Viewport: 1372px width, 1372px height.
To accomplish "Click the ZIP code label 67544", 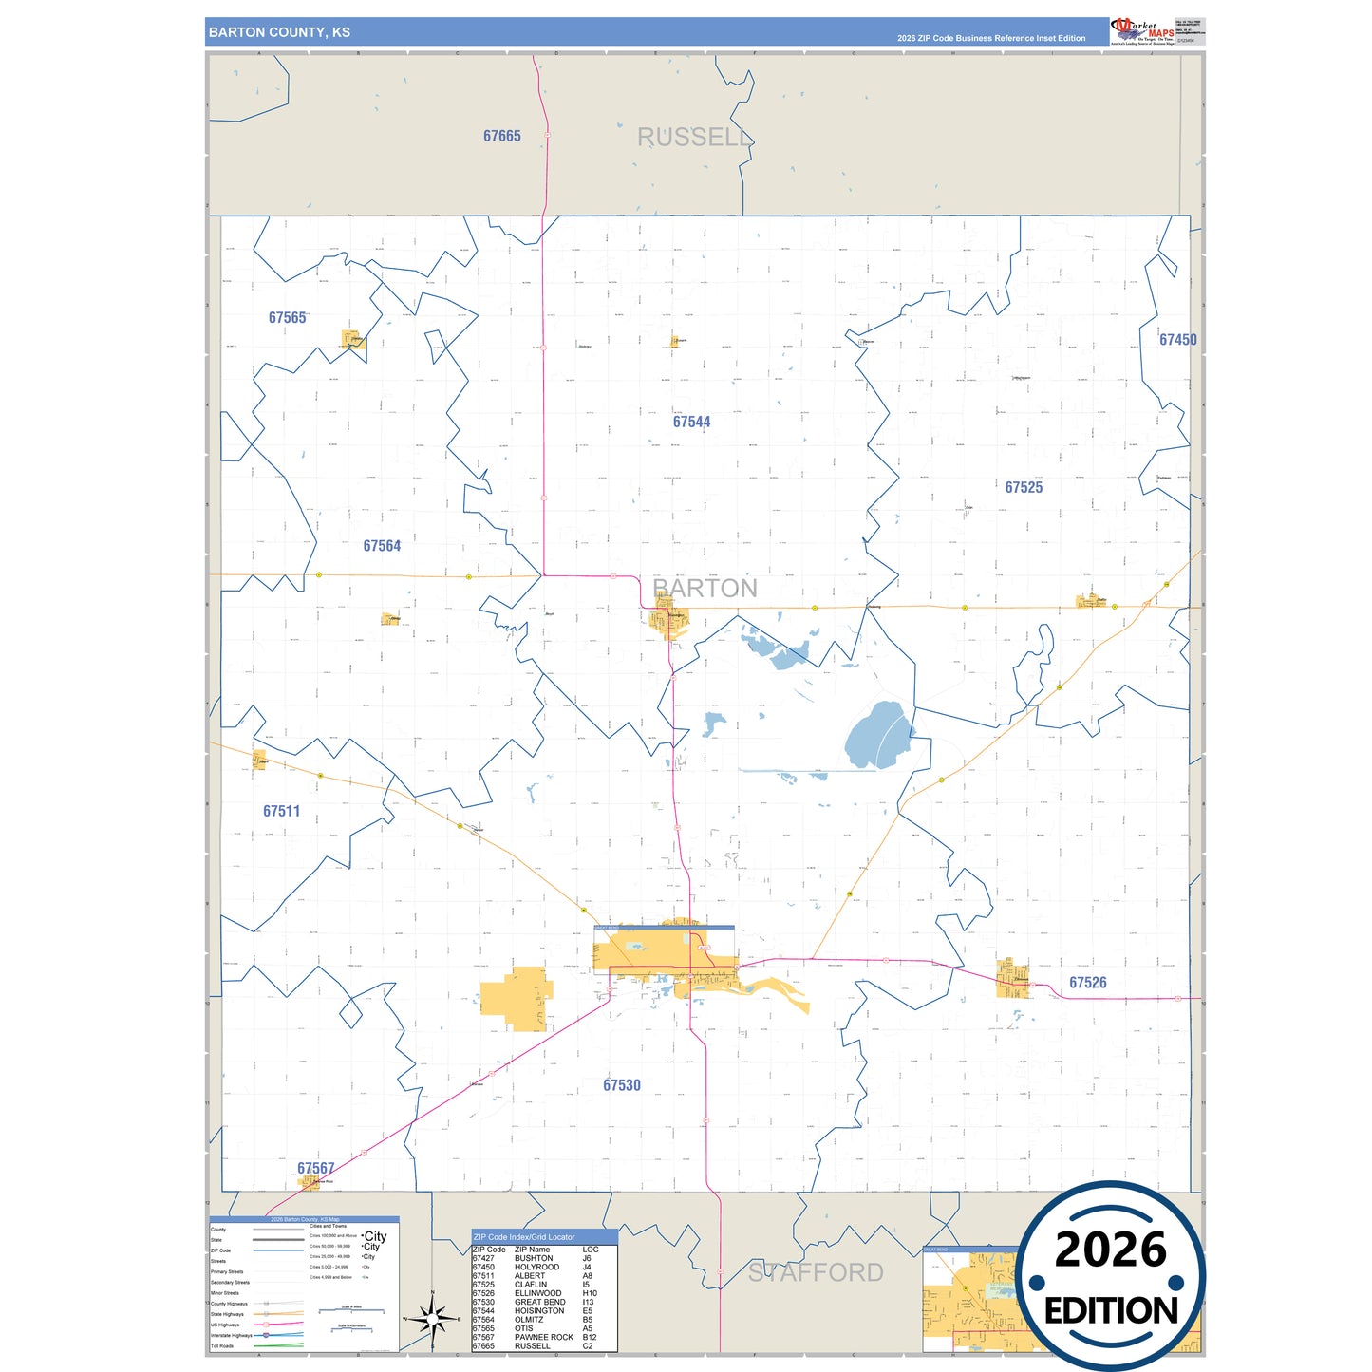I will coord(691,423).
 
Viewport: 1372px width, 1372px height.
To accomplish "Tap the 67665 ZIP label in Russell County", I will coord(501,137).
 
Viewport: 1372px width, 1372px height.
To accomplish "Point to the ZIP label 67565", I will coord(287,318).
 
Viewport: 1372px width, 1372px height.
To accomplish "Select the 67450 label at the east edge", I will coord(1177,340).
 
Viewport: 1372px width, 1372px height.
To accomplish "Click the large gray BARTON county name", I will coord(705,589).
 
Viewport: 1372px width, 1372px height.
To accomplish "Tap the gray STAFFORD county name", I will coord(816,1272).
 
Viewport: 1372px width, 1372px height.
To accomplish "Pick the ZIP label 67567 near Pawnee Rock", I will coord(315,1169).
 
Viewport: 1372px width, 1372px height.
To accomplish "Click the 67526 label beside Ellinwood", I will coord(1087,983).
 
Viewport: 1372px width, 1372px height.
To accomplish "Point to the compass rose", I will coord(432,1319).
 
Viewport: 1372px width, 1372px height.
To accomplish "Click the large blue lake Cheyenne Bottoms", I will coord(878,737).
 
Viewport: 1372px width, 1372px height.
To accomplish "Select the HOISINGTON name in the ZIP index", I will coord(539,1311).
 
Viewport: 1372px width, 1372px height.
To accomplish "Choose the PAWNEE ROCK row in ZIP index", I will coord(543,1337).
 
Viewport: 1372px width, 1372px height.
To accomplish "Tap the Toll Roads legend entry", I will coord(222,1346).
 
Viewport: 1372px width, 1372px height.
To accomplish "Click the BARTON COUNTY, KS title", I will coord(279,32).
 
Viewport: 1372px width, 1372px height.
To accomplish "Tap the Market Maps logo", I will coord(1142,30).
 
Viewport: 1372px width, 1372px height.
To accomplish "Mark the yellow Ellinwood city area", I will coord(1012,978).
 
